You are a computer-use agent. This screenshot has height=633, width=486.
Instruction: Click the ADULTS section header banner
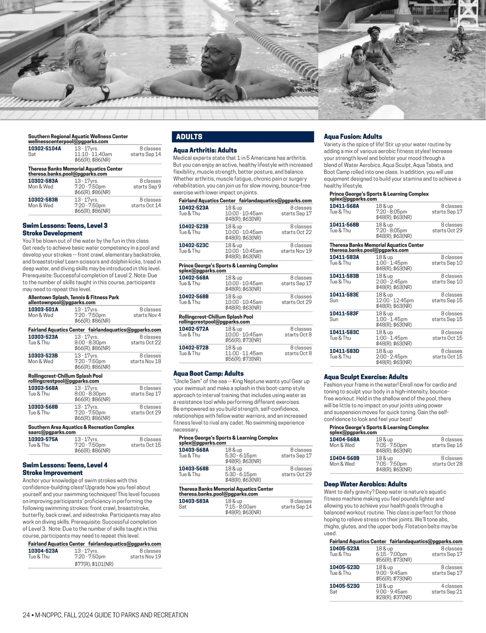pos(243,137)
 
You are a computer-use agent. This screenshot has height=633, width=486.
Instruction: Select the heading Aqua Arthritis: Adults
pos(205,150)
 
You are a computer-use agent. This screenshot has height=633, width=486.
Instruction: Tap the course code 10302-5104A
pos(45,149)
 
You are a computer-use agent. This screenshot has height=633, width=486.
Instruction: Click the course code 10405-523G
pos(344,586)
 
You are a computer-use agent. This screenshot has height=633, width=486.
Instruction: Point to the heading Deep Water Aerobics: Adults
pos(365,484)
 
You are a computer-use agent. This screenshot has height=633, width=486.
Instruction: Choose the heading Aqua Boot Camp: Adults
pos(208,373)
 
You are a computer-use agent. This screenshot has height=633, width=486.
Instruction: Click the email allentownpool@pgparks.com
pos(62,303)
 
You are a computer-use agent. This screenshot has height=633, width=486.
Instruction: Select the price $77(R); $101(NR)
pos(94,564)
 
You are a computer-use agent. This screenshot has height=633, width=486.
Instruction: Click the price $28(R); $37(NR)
pos(394,597)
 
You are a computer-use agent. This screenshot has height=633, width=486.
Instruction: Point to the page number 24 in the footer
pos(26,615)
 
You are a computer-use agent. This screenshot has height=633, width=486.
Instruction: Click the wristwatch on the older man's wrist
pos(104,92)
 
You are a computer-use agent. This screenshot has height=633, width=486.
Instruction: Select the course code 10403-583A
pos(194,501)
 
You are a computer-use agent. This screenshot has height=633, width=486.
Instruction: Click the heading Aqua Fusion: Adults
pos(353,137)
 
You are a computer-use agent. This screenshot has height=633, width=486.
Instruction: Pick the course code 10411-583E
pos(344,295)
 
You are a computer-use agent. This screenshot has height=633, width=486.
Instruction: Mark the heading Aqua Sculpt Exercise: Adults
pos(366,377)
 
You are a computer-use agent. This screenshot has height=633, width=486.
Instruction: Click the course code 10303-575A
pos(43,439)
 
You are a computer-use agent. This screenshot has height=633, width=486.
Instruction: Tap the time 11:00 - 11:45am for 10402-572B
pos(244,354)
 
